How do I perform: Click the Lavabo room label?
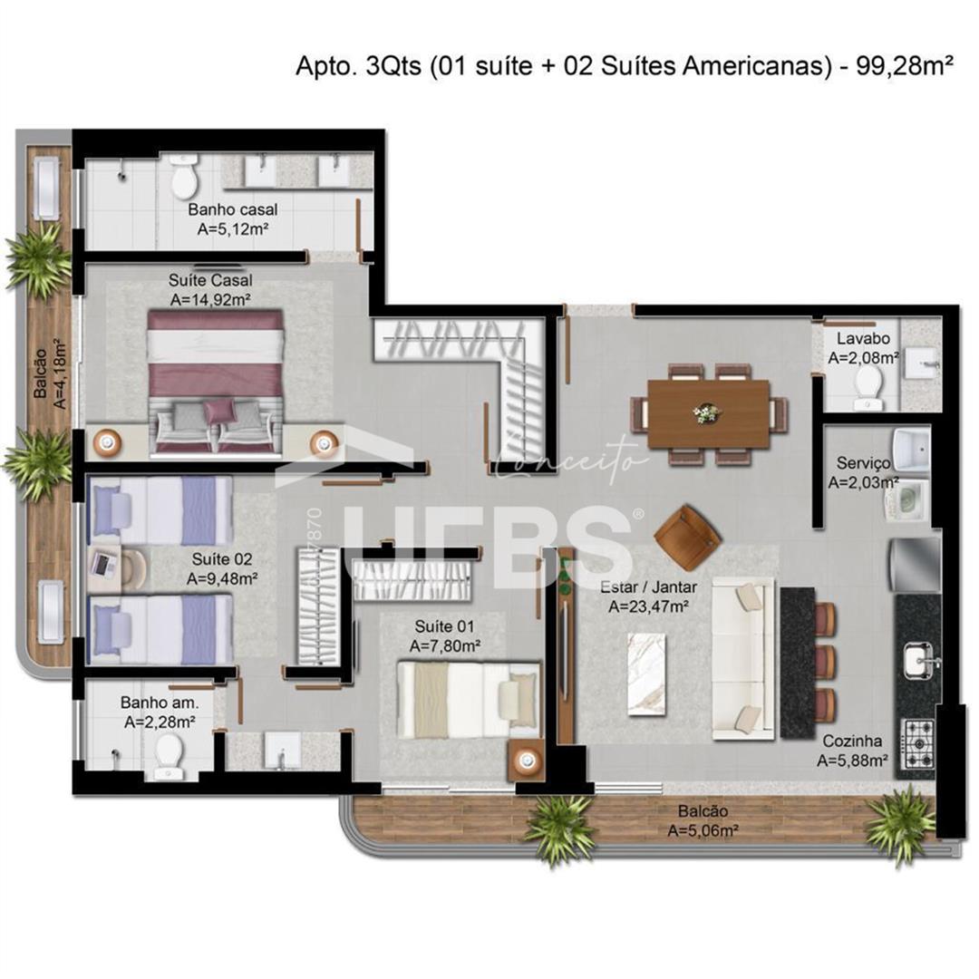(x=863, y=339)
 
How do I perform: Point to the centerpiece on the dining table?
(x=707, y=412)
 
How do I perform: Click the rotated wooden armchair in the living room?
(x=687, y=537)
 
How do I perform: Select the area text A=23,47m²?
(x=649, y=606)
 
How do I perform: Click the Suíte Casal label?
(x=210, y=280)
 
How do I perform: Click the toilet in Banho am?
(x=169, y=757)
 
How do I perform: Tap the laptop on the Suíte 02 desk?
(x=103, y=565)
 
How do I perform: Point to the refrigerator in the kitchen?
(x=916, y=564)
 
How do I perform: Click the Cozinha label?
(x=852, y=742)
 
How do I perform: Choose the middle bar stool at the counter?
(x=825, y=662)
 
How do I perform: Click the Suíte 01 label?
(x=444, y=626)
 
